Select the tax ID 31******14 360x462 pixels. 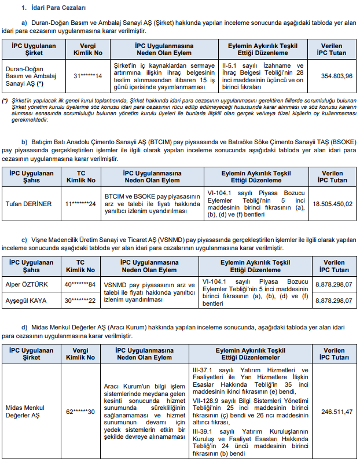click(x=88, y=76)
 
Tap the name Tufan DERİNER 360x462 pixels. click(x=29, y=204)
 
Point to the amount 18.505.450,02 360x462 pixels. click(x=333, y=204)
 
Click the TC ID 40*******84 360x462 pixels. click(x=80, y=284)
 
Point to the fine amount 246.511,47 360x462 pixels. click(x=333, y=412)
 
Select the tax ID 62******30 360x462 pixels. click(x=80, y=412)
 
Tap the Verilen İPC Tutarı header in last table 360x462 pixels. click(x=334, y=354)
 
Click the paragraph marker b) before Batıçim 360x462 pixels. click(x=24, y=142)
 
